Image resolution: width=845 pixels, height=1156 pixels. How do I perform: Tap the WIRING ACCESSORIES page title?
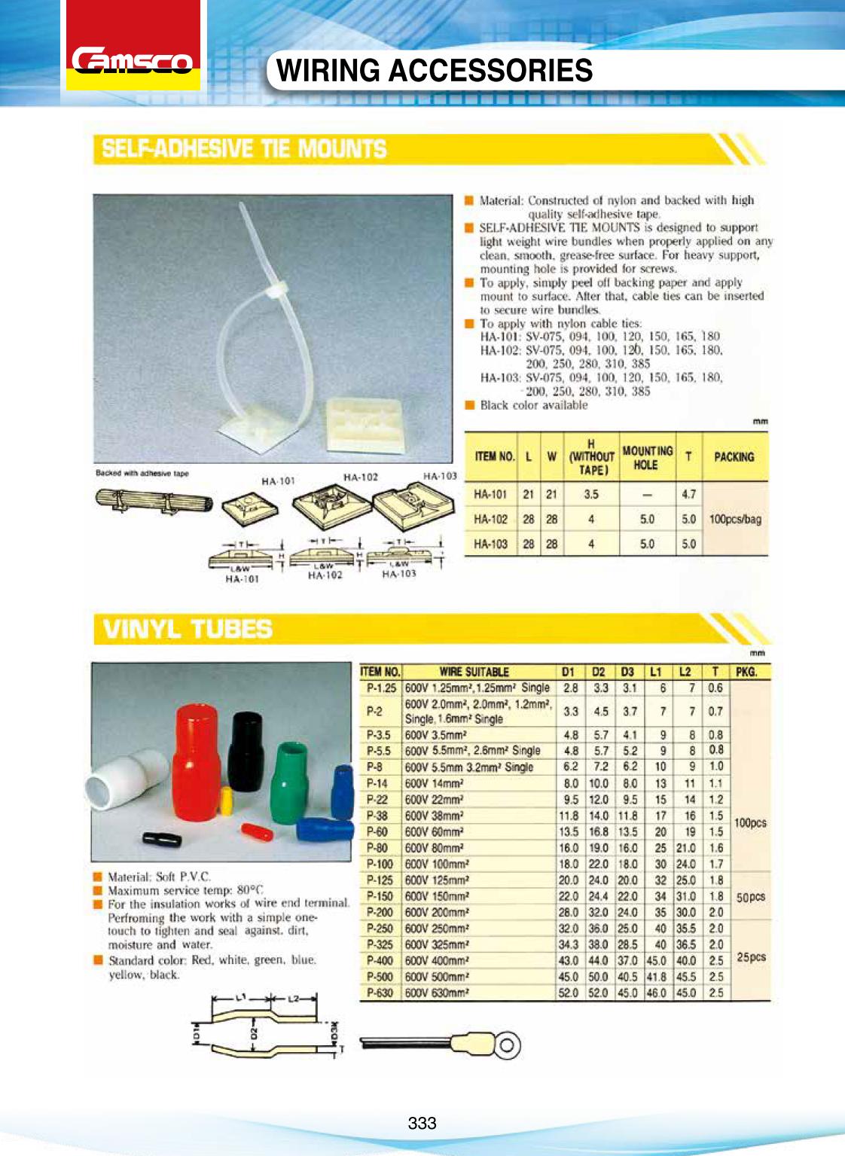[x=435, y=71]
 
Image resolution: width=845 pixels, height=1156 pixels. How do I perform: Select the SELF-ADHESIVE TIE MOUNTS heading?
[x=244, y=149]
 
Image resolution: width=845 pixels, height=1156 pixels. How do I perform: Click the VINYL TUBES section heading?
[x=188, y=628]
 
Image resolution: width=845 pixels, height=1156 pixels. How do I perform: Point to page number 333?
[x=422, y=1123]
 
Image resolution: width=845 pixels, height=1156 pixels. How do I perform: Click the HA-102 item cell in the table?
[x=490, y=519]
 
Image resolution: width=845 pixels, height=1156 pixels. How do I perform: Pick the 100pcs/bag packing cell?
[x=735, y=519]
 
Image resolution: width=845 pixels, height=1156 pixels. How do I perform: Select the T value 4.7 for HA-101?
[x=688, y=495]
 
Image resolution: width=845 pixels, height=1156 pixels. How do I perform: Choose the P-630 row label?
[x=380, y=993]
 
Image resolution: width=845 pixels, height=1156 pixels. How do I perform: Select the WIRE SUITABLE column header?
[x=474, y=672]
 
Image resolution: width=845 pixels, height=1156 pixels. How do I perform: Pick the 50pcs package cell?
[x=750, y=896]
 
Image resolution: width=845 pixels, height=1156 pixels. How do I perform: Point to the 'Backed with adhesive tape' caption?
[x=142, y=474]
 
